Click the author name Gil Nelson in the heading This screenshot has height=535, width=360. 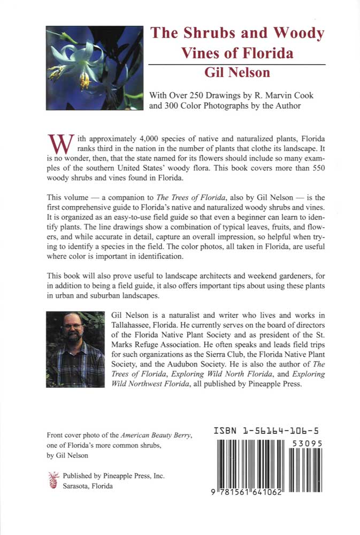[x=236, y=73]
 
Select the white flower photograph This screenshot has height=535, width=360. [x=95, y=68]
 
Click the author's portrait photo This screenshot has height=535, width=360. [x=75, y=349]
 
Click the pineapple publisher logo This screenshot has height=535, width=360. [x=53, y=479]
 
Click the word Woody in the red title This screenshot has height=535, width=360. [x=297, y=33]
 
